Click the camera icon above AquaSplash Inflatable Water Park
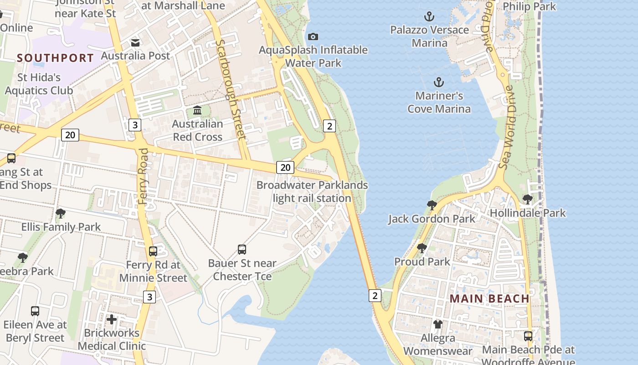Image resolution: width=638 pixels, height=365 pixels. coord(313,36)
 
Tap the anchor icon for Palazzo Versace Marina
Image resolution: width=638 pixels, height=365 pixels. coord(429,17)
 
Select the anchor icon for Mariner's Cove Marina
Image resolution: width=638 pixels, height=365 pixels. coord(438,83)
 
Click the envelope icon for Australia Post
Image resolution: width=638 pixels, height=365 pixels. coord(135,43)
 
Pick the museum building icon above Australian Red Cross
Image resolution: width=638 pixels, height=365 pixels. coord(197,110)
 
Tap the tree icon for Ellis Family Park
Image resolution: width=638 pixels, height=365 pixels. coord(60,214)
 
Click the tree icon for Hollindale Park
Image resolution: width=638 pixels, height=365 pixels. coord(527,199)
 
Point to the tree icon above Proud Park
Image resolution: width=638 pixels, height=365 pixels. coord(422,248)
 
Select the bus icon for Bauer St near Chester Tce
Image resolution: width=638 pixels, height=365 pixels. coord(242,250)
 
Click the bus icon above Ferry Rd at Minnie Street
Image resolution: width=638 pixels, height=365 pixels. coord(153,251)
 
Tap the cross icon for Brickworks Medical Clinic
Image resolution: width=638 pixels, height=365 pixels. coord(112,319)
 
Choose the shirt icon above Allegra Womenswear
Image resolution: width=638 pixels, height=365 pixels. coord(437,324)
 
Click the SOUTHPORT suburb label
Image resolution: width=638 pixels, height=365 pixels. coord(55,58)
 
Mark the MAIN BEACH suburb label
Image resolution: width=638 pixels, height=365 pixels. coord(489,298)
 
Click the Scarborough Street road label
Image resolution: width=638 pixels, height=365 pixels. coord(232,89)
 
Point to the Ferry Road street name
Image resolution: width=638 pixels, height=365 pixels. coord(144,176)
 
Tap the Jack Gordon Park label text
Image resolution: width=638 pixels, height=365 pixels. coord(432,219)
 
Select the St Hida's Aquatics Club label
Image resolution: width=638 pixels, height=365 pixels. coord(39,84)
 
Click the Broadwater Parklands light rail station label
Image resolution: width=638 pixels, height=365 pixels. coord(312,192)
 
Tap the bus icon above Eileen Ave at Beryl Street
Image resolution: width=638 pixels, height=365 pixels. coord(35,311)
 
